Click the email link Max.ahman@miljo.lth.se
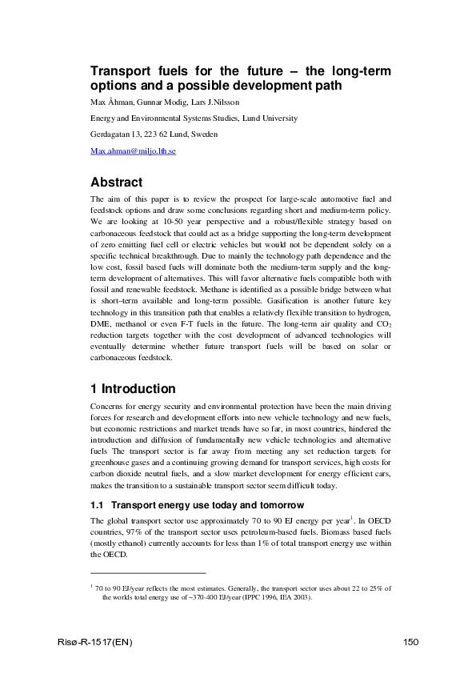pyautogui.click(x=133, y=150)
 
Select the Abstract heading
pyautogui.click(x=116, y=182)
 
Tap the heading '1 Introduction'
pyautogui.click(x=133, y=389)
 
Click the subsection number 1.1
pyautogui.click(x=98, y=505)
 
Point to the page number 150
pyautogui.click(x=410, y=643)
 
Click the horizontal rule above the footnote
pyautogui.click(x=148, y=573)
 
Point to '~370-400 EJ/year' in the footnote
pyautogui.click(x=204, y=596)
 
